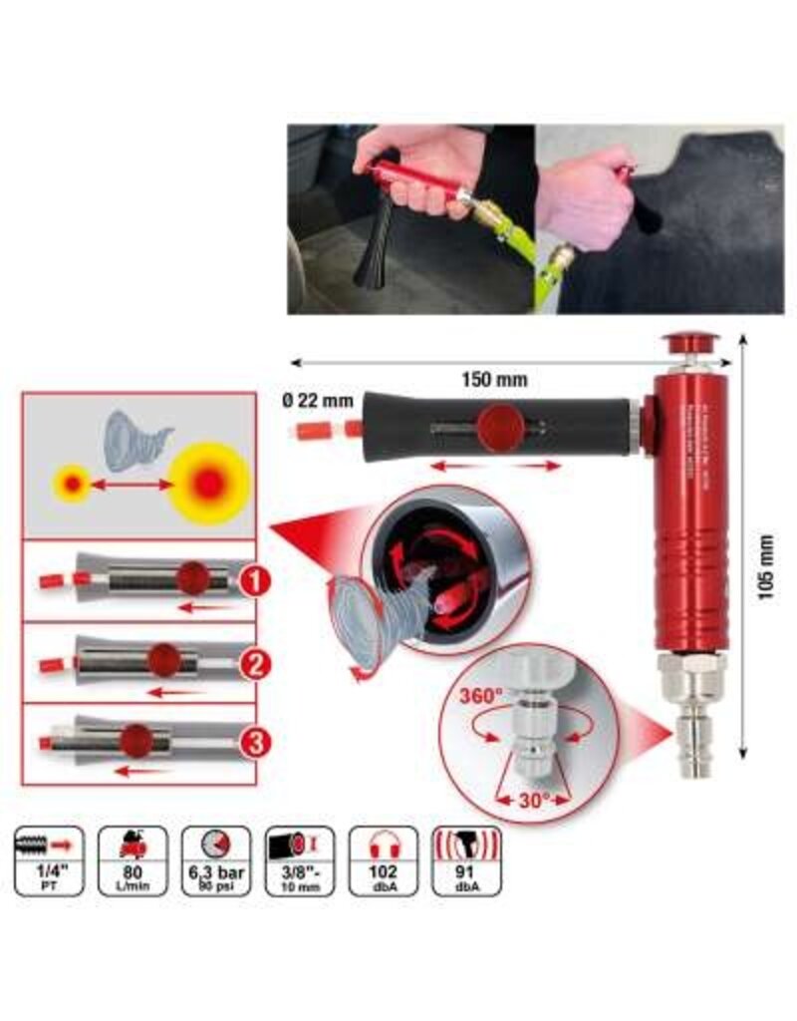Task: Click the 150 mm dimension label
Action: [x=494, y=380]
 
